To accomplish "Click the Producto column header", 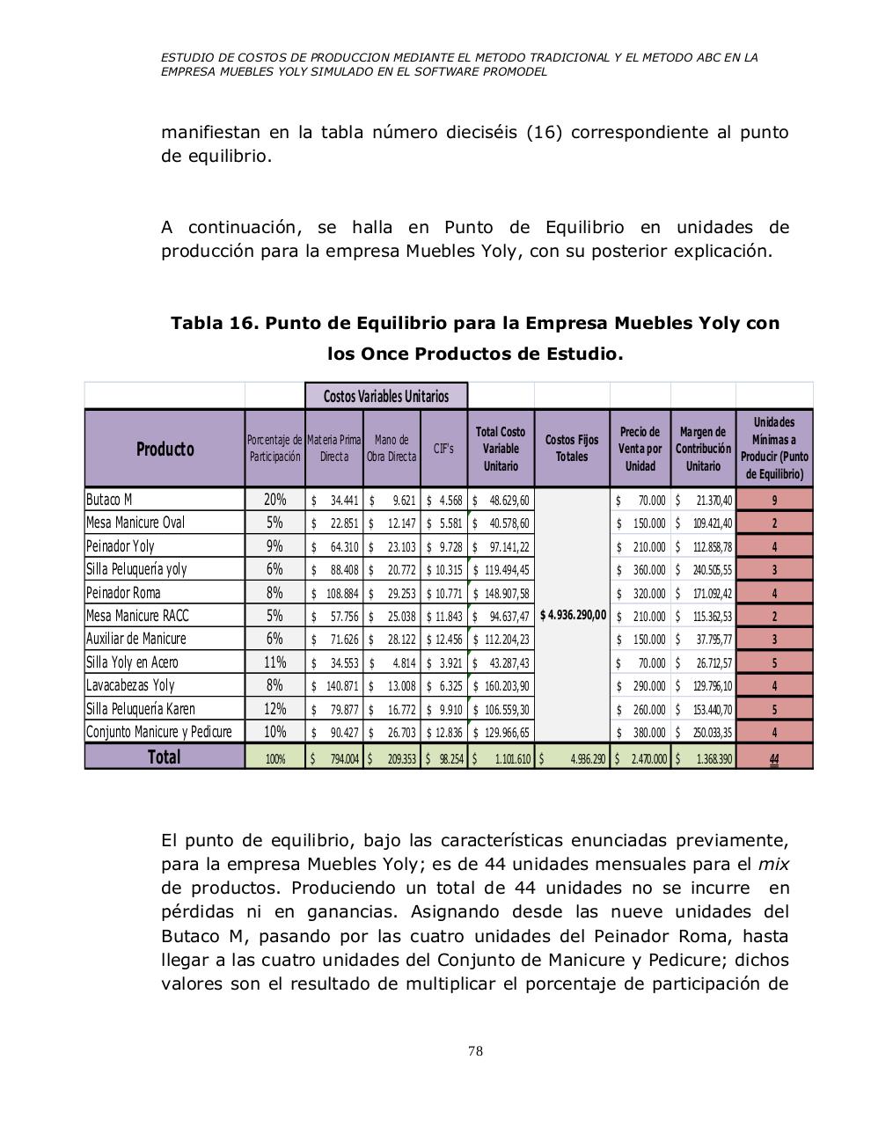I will (165, 449).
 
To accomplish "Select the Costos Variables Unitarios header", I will (386, 396).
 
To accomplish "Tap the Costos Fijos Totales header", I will (571, 448).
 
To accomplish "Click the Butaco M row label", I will (109, 500).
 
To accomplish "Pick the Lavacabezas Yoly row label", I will (130, 685).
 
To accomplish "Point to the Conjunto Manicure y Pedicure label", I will (159, 732).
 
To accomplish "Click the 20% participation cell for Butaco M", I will (274, 500).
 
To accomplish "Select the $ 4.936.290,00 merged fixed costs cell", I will (572, 615).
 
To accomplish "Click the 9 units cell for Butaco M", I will (773, 500).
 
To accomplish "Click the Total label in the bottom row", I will (164, 757).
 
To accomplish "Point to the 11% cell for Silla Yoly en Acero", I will (274, 662).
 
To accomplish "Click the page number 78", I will (475, 1051).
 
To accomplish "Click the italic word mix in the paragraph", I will (773, 864).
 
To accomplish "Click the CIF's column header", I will (443, 449).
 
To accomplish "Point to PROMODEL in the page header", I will (509, 72).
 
